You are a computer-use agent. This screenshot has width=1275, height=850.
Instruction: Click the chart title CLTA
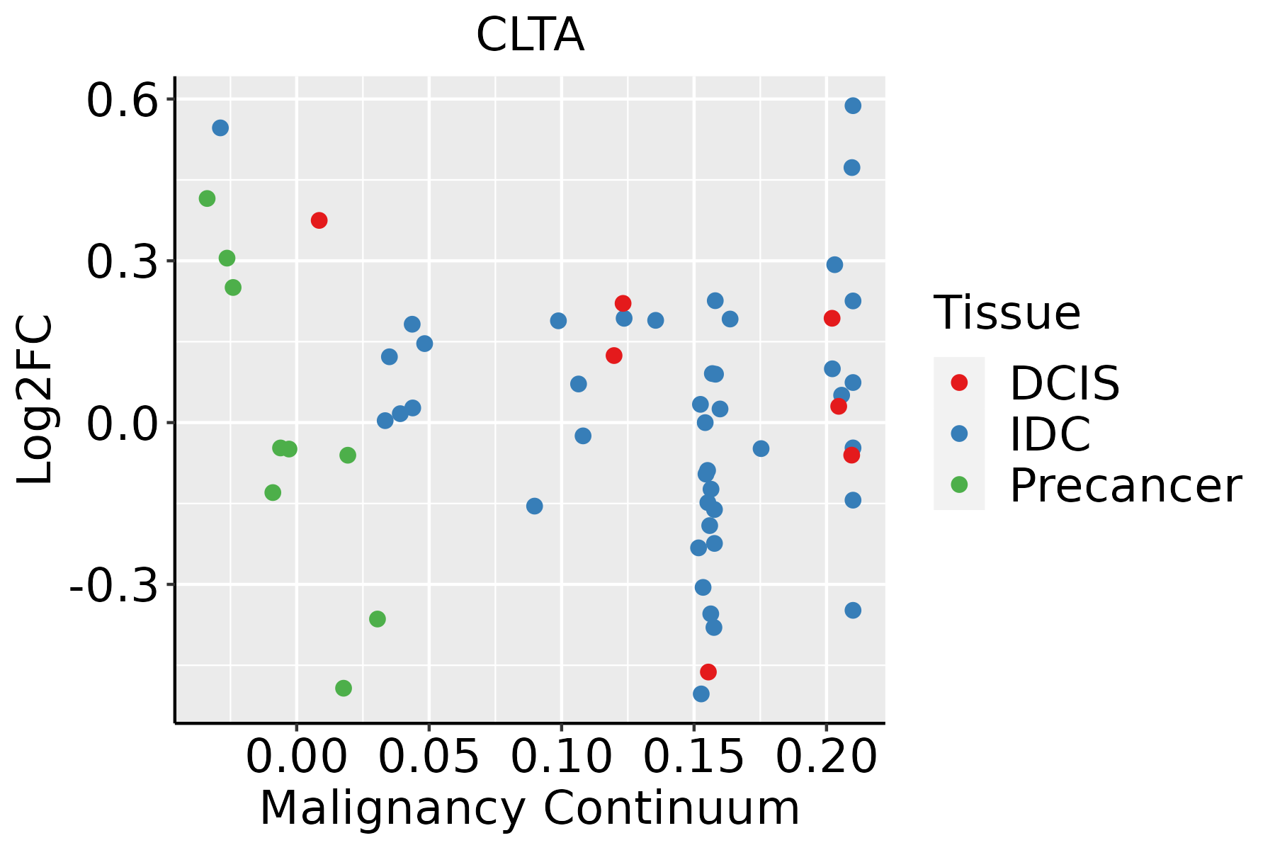[x=530, y=35]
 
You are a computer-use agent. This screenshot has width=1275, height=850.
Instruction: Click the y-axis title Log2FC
[x=35, y=399]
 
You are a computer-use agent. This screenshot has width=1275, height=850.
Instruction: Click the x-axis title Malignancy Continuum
[x=530, y=809]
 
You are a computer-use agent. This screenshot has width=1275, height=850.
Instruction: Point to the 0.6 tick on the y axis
[x=121, y=101]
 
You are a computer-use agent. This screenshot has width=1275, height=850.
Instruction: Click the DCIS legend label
[x=1064, y=383]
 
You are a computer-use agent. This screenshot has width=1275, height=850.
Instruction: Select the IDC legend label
[x=1050, y=434]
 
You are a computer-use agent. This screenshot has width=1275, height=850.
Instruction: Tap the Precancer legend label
[x=1125, y=486]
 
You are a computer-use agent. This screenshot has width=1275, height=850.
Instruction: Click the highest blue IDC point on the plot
[x=853, y=106]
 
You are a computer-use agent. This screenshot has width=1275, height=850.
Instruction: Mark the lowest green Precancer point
[x=344, y=688]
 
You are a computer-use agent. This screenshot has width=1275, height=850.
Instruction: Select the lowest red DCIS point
[x=708, y=671]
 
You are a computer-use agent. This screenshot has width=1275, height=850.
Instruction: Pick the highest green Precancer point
[x=207, y=198]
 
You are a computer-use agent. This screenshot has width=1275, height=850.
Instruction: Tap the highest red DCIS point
[x=319, y=220]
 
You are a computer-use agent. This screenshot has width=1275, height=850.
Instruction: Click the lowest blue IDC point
[x=701, y=693]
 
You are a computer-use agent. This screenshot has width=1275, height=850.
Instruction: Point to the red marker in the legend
[x=959, y=382]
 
